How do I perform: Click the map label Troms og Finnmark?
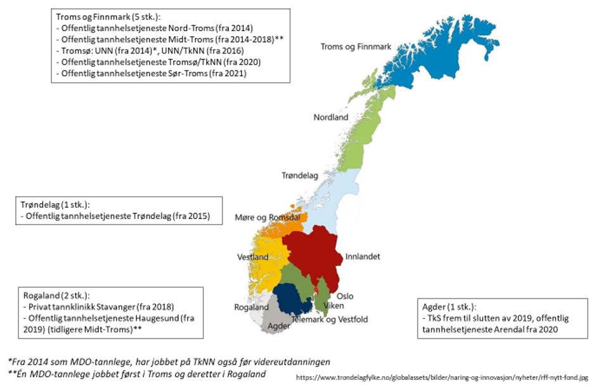[356, 47]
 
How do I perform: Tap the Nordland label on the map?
[331, 118]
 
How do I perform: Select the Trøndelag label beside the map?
[299, 175]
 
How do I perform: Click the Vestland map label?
[252, 257]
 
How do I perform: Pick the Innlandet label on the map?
[363, 257]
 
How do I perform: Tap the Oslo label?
[345, 296]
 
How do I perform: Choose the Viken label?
[334, 306]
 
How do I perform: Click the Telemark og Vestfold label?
[329, 319]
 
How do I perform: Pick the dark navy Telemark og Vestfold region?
[292, 299]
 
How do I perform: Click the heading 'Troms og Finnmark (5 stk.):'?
[108, 17]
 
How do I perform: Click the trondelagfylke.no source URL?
[442, 377]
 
